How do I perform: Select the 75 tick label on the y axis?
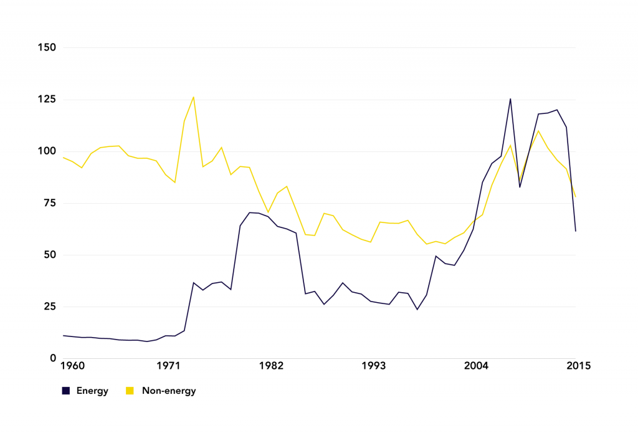coord(49,203)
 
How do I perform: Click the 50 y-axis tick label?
coord(49,255)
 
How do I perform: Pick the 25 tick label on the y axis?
coord(49,307)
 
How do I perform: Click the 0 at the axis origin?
coord(52,358)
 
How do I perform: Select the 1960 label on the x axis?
coord(74,366)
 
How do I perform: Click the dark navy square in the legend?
coord(65,391)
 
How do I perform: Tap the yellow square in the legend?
coord(130,391)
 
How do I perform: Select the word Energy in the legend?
coord(92,391)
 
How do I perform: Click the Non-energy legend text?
coord(168,391)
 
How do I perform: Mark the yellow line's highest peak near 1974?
coord(194,97)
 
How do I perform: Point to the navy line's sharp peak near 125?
coord(510,98)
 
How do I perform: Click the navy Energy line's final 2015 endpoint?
coord(576,231)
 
